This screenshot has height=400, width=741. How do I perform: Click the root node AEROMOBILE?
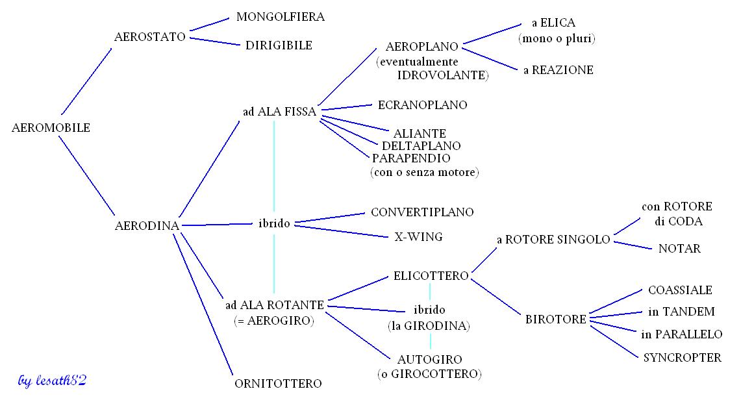(x=51, y=128)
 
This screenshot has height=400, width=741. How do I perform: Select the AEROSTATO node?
(x=150, y=36)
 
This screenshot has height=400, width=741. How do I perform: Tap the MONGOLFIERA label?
(x=281, y=17)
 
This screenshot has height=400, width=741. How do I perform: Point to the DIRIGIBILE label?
(x=279, y=45)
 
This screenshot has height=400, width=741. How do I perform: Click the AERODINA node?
(x=147, y=226)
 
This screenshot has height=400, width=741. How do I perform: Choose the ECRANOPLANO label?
(x=422, y=105)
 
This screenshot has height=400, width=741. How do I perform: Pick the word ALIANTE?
(x=420, y=133)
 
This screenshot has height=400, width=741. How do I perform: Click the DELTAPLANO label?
(x=421, y=145)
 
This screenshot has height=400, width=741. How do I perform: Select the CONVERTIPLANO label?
(x=422, y=212)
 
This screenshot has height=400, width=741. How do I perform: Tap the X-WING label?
(x=418, y=237)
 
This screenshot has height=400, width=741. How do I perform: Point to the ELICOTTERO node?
(x=431, y=276)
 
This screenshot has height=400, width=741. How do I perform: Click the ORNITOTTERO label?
(x=278, y=384)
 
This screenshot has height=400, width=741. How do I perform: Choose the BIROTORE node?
(x=556, y=319)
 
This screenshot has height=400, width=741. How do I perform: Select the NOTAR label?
(x=679, y=249)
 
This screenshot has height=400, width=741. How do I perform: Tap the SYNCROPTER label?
(x=682, y=358)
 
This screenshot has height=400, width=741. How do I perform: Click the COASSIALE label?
(x=680, y=290)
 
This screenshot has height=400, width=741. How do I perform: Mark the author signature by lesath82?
(x=52, y=380)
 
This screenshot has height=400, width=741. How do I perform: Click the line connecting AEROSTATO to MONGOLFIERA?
(x=208, y=24)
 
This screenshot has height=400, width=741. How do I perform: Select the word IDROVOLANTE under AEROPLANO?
(x=442, y=75)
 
